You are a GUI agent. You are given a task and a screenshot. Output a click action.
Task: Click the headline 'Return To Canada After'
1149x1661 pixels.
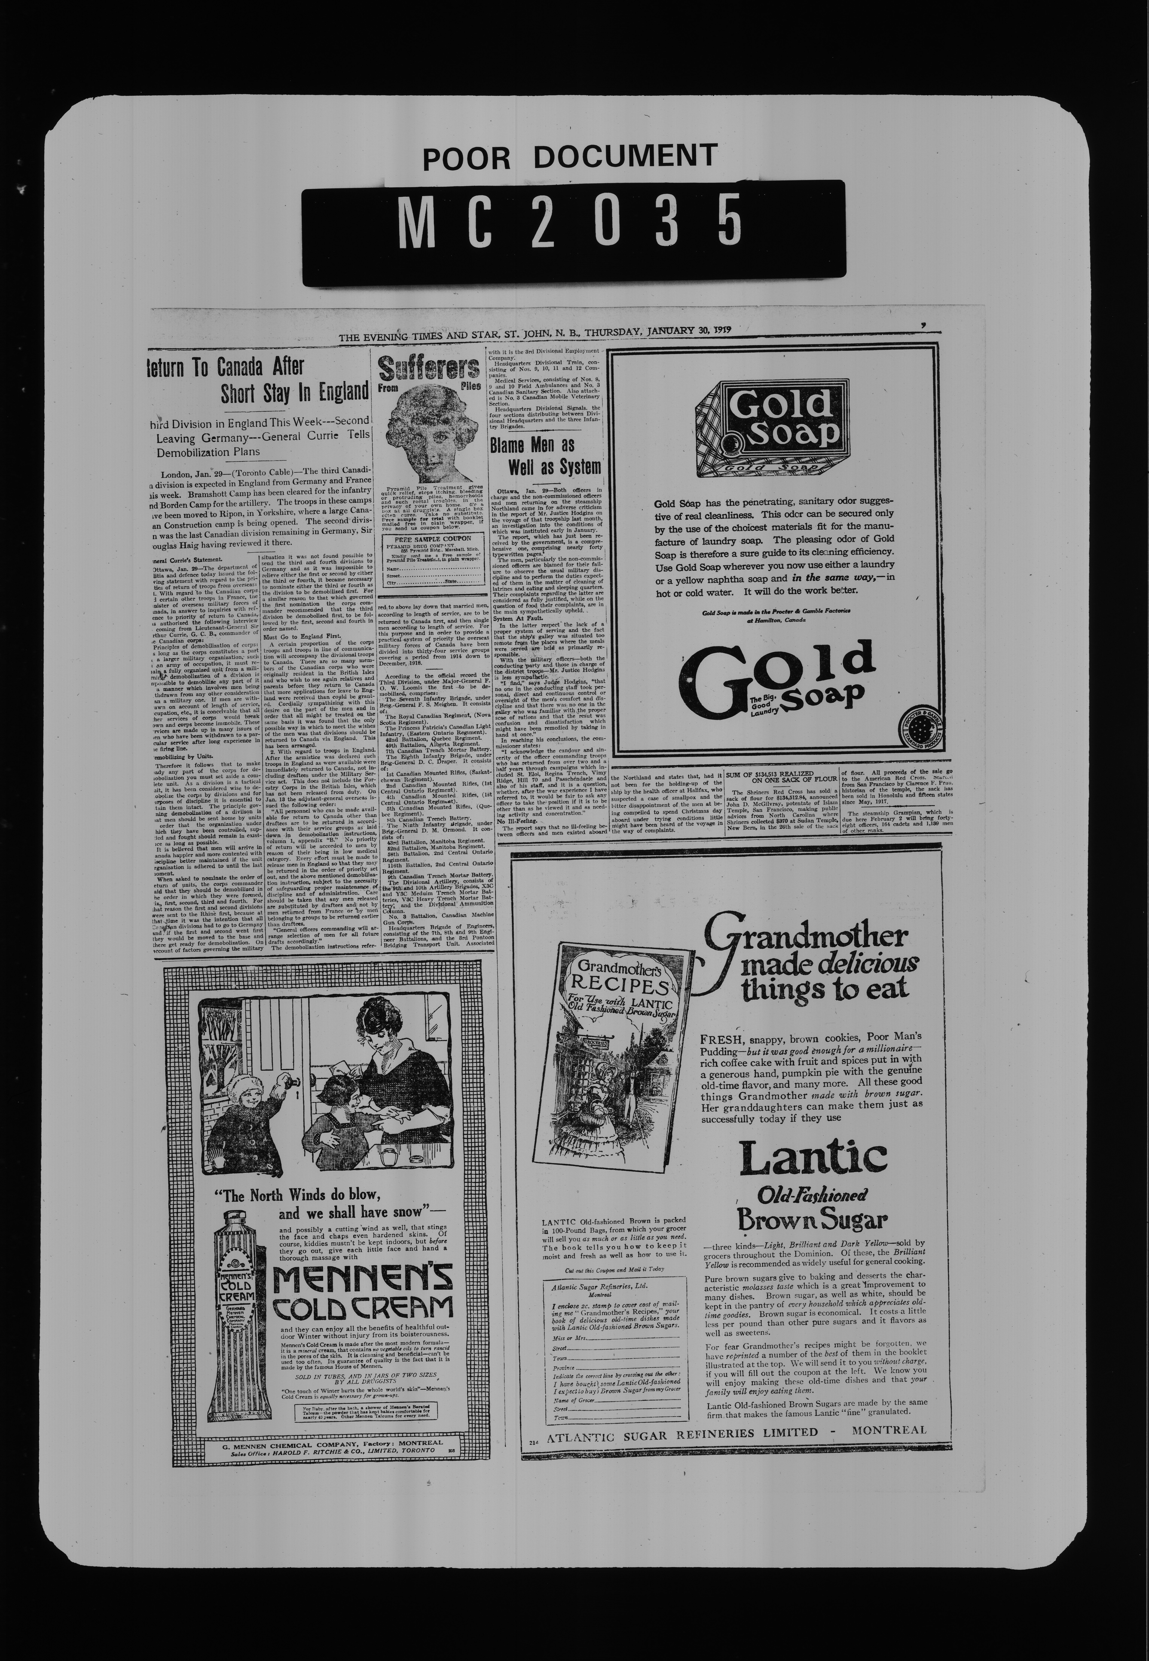tap(225, 366)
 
